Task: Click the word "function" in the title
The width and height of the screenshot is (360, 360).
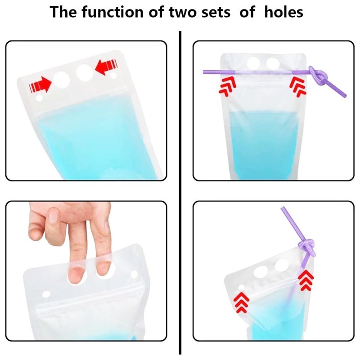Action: coord(112,12)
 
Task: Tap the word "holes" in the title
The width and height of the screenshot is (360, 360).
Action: coord(284,12)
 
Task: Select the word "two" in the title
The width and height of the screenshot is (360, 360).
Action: coord(183,13)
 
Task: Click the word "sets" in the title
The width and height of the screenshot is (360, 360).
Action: coord(216,13)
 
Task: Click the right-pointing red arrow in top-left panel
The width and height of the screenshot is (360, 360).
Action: coord(40,85)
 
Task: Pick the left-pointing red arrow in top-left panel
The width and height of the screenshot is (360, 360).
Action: coord(106,66)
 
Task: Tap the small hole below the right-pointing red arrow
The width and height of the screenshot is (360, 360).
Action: coord(40,98)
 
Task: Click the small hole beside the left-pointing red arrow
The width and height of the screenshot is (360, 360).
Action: coord(113,75)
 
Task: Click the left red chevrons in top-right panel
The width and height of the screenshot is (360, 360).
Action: coord(228,86)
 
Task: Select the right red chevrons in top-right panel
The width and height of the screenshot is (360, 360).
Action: coord(298,87)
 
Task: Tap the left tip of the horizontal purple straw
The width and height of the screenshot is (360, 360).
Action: coord(204,72)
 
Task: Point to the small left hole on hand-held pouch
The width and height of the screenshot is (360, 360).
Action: coord(46,294)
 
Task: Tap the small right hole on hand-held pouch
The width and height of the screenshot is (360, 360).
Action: coord(134,274)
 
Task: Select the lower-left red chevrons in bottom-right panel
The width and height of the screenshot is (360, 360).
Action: coord(241,302)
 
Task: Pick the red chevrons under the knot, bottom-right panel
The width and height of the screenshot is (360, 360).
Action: coord(306,280)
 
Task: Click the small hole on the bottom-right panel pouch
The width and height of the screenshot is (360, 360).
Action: coord(241,287)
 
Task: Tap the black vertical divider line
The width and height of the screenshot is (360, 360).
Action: coord(180,193)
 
